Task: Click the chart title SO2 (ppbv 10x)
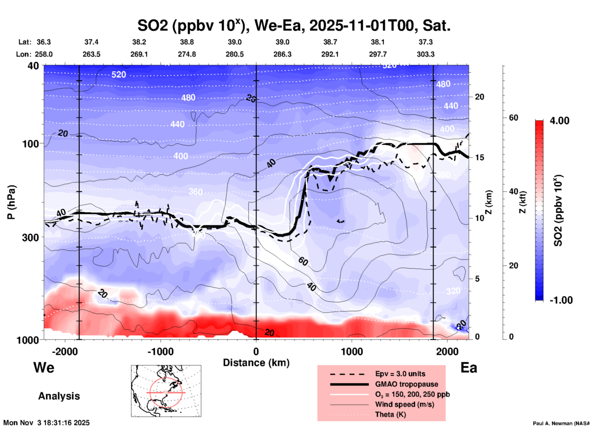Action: click(294, 25)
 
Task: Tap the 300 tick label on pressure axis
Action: click(30, 237)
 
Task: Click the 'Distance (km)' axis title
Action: click(256, 363)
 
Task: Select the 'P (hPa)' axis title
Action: click(11, 202)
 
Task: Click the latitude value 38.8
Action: click(187, 42)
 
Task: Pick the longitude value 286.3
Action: click(282, 54)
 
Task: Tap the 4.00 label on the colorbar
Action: click(559, 120)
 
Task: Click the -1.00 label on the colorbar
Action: click(561, 300)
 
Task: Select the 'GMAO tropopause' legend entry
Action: click(407, 384)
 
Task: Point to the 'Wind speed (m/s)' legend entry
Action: click(404, 404)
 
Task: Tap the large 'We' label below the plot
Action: click(44, 367)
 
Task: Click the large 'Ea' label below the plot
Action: click(469, 368)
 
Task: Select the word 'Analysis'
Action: click(59, 396)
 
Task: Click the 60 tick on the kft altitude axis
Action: click(513, 118)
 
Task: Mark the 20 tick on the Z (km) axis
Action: click(479, 97)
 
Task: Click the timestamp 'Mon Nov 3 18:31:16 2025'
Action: click(47, 423)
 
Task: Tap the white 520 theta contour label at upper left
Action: click(119, 74)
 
